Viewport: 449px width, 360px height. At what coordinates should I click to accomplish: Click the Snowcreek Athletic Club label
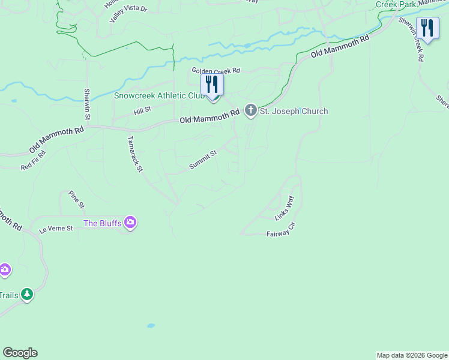(x=159, y=95)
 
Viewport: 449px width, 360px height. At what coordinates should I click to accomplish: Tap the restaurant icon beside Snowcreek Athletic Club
(x=212, y=83)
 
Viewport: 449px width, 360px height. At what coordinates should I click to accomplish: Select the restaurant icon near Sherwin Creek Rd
(x=427, y=29)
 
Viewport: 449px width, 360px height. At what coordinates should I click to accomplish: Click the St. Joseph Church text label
(x=294, y=111)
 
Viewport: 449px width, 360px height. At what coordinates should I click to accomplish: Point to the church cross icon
(x=250, y=110)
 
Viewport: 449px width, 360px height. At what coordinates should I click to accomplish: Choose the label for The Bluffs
(x=103, y=223)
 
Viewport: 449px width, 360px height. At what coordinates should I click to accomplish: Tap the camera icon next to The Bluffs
(x=130, y=223)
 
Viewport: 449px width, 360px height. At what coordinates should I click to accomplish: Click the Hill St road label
(x=142, y=110)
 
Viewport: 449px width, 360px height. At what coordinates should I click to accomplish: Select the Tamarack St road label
(x=135, y=154)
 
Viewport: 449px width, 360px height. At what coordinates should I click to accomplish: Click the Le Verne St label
(x=56, y=229)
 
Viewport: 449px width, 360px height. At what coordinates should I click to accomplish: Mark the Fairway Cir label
(x=281, y=232)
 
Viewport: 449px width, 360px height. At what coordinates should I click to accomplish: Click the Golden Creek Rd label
(x=215, y=70)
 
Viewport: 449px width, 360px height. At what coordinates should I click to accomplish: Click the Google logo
(x=20, y=353)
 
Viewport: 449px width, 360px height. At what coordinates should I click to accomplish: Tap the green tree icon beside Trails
(x=26, y=294)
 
